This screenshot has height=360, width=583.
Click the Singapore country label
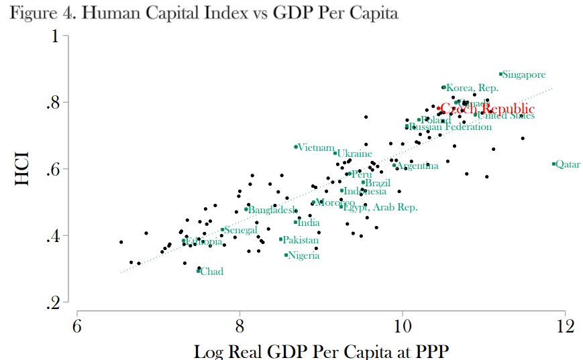pyautogui.click(x=524, y=75)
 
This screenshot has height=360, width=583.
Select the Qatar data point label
pyautogui.click(x=568, y=164)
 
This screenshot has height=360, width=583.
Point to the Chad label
pyautogui.click(x=212, y=272)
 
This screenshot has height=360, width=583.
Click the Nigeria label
pyautogui.click(x=303, y=255)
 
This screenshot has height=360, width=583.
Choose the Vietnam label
pyautogui.click(x=315, y=147)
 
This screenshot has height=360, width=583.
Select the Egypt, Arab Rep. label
pyautogui.click(x=380, y=207)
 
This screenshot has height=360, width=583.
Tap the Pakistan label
pyautogui.click(x=301, y=240)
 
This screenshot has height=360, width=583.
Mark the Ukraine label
pyautogui.click(x=354, y=154)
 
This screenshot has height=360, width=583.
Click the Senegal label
pyautogui.click(x=241, y=230)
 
